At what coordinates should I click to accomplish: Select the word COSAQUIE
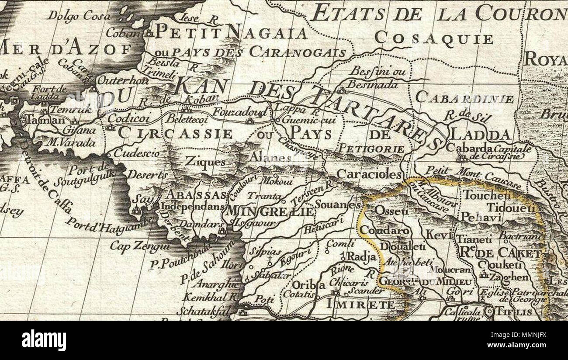coord(433,39)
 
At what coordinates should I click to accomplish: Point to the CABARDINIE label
coord(464,98)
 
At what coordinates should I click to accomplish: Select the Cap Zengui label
coord(133,246)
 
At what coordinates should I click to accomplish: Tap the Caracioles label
coord(369,174)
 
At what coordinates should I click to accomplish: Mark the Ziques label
coord(205,162)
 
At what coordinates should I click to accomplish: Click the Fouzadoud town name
coord(239,113)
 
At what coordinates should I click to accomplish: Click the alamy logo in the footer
coord(44,340)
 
